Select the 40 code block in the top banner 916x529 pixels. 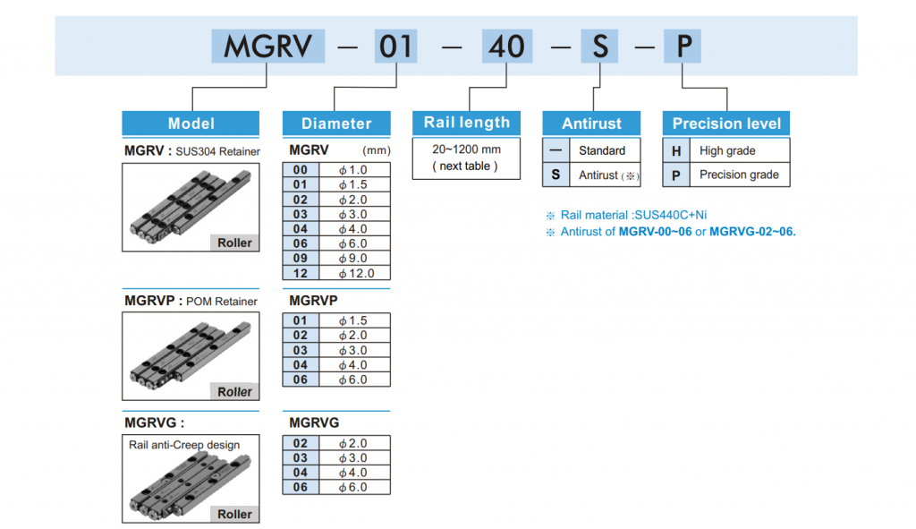[506, 46]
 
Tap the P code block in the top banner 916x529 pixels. [683, 46]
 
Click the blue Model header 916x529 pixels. [191, 124]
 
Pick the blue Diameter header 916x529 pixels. [336, 124]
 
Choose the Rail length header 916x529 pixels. [466, 123]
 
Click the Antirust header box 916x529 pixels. [591, 124]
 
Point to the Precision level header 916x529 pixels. [726, 124]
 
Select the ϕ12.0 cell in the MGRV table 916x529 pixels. [356, 273]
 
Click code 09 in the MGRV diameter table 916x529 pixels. [301, 258]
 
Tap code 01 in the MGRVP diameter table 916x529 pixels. [301, 320]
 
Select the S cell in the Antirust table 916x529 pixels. [555, 175]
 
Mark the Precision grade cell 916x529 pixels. [739, 175]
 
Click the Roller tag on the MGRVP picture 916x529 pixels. [234, 392]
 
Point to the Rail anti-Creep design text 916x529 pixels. [184, 444]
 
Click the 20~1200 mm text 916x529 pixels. [466, 149]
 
